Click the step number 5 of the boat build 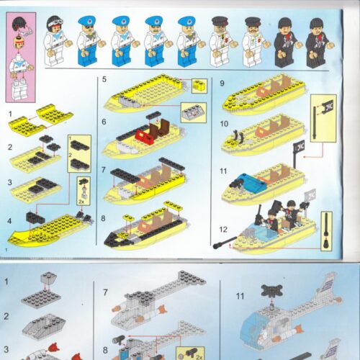click(x=105, y=79)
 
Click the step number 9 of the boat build click(x=222, y=83)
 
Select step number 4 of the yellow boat click(x=11, y=220)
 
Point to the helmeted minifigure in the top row click(x=55, y=42)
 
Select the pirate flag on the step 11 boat click(x=298, y=150)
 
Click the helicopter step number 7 click(x=105, y=293)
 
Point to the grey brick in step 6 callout click(x=192, y=112)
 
